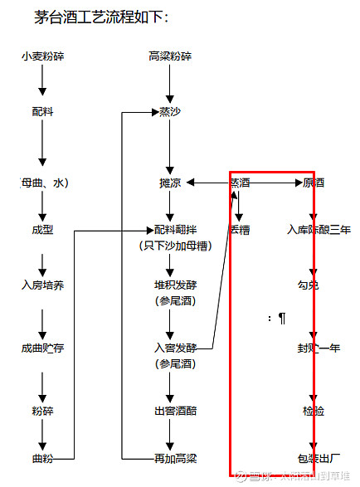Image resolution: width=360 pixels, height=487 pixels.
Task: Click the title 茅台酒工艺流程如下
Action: (101, 17)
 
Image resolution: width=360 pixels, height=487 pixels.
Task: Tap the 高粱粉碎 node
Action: (170, 56)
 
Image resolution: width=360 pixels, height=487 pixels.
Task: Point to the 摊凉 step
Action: (170, 183)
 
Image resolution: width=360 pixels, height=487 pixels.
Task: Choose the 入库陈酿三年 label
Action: (319, 230)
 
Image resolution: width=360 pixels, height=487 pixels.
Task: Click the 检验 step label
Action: (314, 411)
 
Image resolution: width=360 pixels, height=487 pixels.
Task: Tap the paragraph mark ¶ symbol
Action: (282, 318)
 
